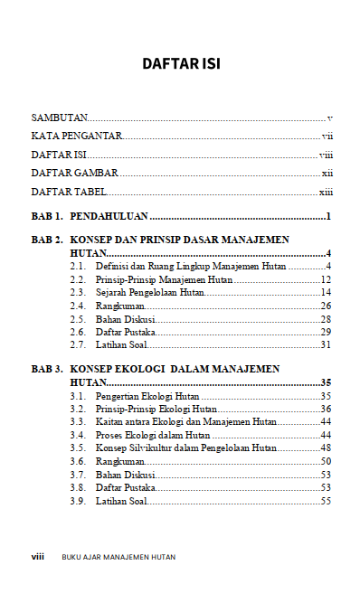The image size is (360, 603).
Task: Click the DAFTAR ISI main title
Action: (181, 65)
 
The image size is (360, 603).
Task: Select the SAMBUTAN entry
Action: (60, 118)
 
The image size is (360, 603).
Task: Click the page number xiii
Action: (327, 192)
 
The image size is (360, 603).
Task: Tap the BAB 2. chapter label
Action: (47, 240)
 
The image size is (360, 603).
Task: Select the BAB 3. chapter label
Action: (47, 370)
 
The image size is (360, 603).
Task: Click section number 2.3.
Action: (78, 292)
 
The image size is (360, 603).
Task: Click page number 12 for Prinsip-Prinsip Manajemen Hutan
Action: (327, 279)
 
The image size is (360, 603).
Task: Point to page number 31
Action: (327, 344)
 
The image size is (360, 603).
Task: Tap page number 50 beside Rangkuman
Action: (327, 462)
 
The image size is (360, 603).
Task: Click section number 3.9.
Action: (78, 501)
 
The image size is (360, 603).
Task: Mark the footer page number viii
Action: (38, 557)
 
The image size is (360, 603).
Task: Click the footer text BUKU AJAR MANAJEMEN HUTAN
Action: (119, 558)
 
